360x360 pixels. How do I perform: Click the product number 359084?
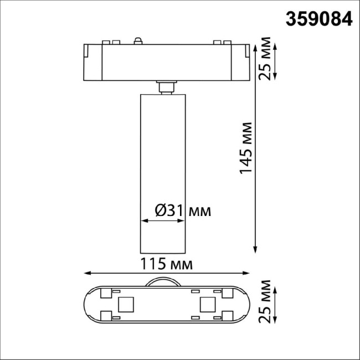click(x=318, y=19)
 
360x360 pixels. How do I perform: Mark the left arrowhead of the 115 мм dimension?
click(x=86, y=273)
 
